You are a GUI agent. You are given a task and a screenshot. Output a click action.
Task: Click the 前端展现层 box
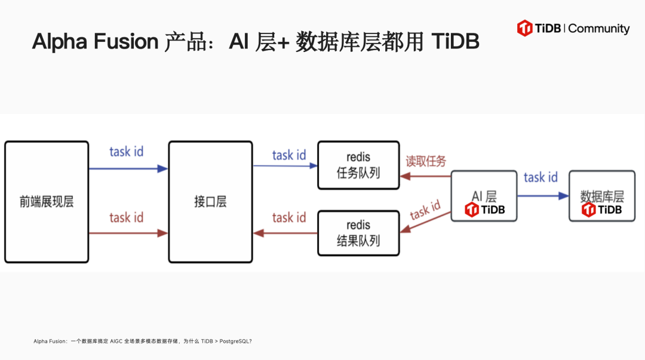(47, 201)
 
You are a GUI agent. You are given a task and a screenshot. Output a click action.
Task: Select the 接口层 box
(210, 201)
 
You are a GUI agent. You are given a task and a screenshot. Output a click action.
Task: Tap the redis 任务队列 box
(358, 165)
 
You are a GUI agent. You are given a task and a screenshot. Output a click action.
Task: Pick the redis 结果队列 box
(358, 233)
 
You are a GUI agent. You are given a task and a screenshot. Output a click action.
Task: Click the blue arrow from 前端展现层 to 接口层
(128, 169)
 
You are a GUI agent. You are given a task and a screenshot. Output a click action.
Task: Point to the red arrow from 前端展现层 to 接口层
(128, 233)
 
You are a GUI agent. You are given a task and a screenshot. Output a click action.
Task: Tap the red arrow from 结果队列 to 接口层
(285, 233)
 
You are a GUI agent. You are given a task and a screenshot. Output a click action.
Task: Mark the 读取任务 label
(426, 161)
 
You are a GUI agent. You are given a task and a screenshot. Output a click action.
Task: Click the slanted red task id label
(425, 211)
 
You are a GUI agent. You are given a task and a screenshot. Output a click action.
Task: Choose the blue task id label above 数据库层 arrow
(540, 177)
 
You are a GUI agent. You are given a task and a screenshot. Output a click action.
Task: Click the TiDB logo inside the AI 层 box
(484, 210)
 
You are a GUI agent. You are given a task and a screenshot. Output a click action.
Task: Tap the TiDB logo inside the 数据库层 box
(601, 210)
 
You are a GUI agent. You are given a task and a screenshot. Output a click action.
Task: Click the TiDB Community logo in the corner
(573, 28)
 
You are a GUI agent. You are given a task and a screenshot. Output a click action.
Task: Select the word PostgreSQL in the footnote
(234, 341)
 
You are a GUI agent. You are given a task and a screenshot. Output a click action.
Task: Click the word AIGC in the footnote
(116, 341)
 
